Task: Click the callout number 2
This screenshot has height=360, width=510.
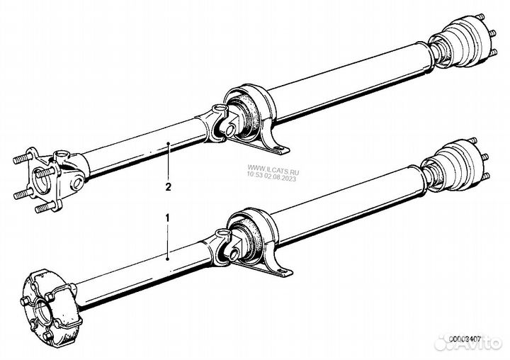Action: tap(168, 187)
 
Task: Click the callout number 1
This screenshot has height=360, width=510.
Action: tap(167, 218)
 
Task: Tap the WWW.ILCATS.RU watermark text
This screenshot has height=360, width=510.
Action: tap(273, 170)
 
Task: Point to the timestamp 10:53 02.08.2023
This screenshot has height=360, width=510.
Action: tap(271, 176)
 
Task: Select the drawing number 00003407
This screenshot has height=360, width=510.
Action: tap(465, 339)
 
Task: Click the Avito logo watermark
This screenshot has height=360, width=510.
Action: tap(468, 342)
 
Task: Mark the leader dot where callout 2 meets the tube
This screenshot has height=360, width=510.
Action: tap(168, 143)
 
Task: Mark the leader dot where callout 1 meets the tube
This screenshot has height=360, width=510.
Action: tap(167, 259)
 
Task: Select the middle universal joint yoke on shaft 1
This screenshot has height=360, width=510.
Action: tap(221, 248)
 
